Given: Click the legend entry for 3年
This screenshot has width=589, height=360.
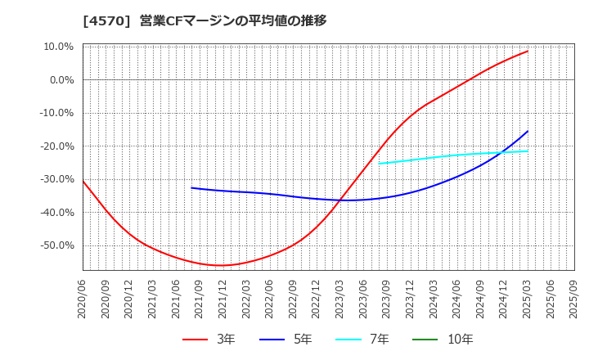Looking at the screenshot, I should (x=209, y=339).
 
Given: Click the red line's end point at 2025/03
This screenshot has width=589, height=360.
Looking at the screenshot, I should (x=528, y=51).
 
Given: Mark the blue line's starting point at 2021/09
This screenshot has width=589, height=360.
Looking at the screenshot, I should (x=191, y=188).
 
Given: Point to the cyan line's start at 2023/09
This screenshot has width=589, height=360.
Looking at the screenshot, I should (x=379, y=164).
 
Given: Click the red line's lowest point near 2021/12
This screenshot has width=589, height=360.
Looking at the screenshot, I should (x=221, y=265).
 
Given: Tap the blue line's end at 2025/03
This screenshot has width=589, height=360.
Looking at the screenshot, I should (x=528, y=131).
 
